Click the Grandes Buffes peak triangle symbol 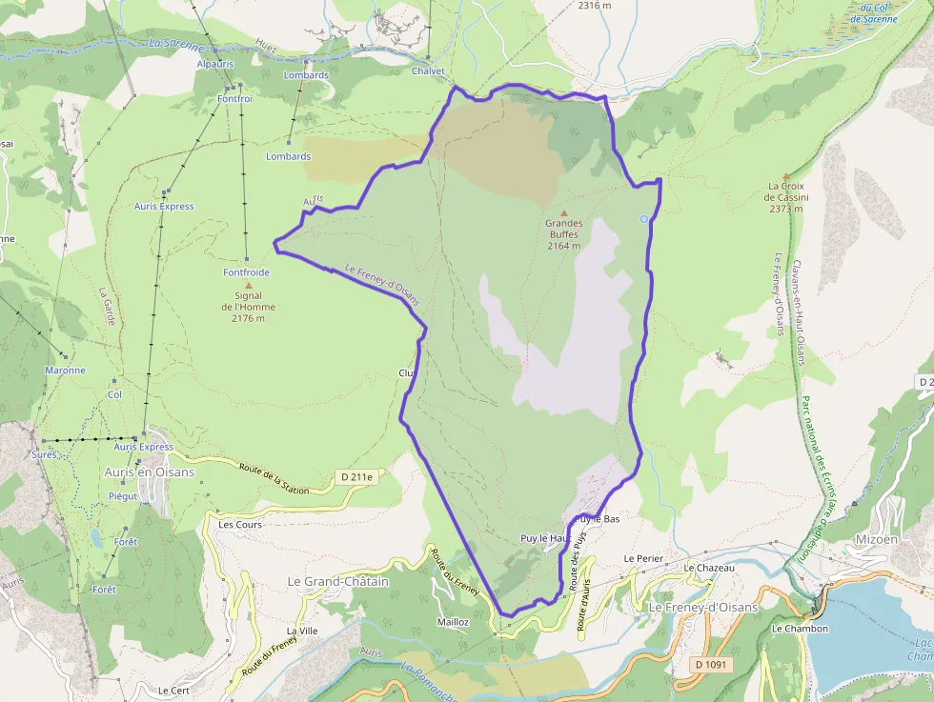[564, 212]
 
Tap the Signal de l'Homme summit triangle [250, 285]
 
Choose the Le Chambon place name [800, 629]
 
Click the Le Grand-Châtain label [338, 581]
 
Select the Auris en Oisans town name [149, 472]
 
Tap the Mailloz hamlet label [453, 621]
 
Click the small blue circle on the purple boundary [644, 219]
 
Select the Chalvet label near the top [429, 71]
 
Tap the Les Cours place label [240, 524]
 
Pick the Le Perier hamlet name [642, 557]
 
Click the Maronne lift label [65, 371]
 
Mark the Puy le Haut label [545, 538]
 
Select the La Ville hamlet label [302, 631]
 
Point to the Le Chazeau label [709, 567]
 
